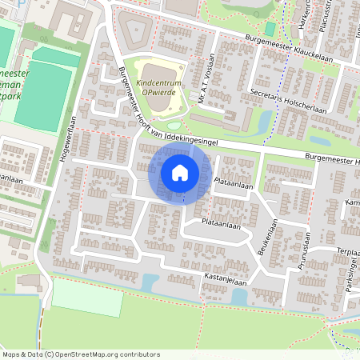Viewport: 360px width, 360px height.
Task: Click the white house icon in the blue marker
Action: pos(180,172)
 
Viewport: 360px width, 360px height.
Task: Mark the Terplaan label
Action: pos(347,251)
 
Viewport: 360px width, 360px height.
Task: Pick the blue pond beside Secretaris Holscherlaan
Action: pos(265,121)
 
